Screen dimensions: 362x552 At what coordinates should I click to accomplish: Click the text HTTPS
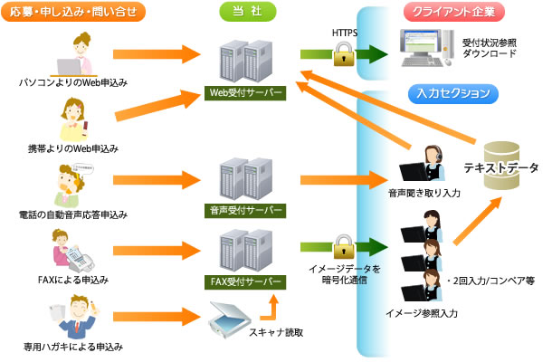[x=345, y=33]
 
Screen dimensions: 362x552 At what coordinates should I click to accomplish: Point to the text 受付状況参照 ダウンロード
[x=490, y=48]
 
